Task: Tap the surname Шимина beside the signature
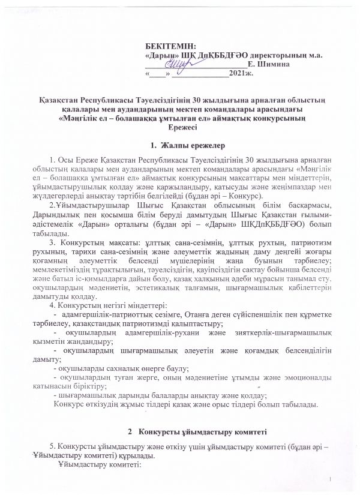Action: pos(274,63)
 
